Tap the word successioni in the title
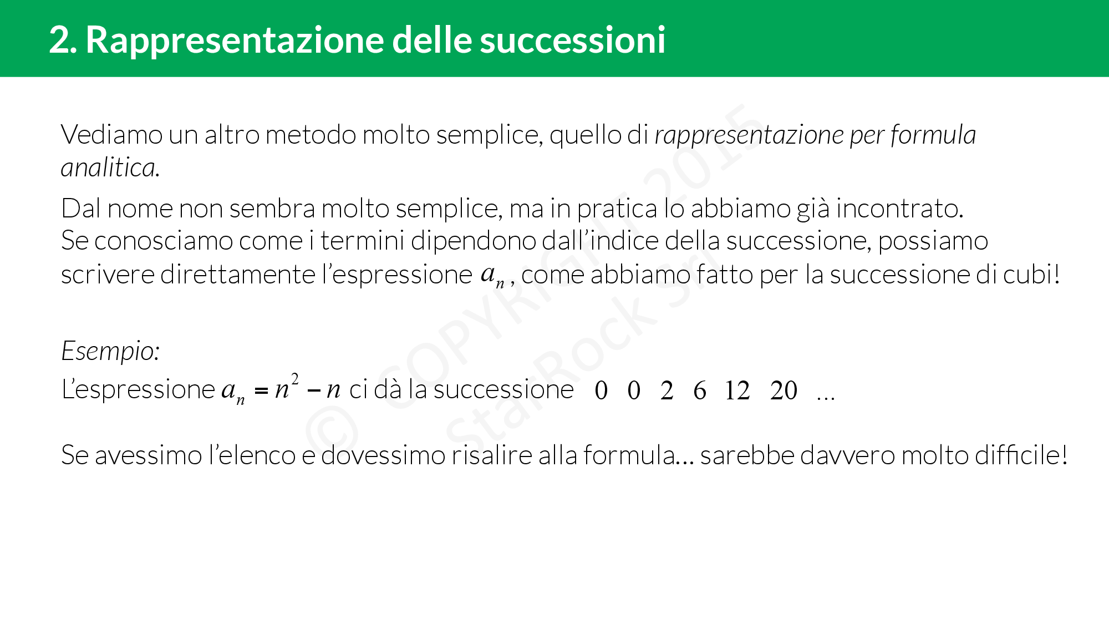pos(572,40)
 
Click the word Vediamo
pos(111,135)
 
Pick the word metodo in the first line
pos(311,135)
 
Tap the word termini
pos(363,241)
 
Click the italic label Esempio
pos(110,351)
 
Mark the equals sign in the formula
pos(261,391)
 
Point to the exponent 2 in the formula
pos(295,379)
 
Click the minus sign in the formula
pos(313,391)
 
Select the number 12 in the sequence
pos(737,390)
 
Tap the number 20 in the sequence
pos(784,390)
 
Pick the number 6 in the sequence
pos(700,390)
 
